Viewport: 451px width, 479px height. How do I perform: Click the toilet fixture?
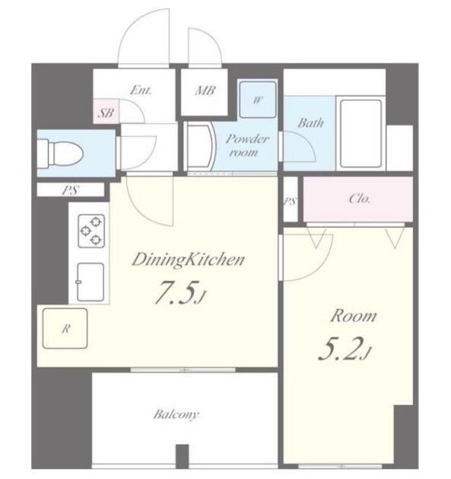(61, 154)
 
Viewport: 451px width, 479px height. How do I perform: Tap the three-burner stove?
(91, 231)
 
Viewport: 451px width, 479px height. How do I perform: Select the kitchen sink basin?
(91, 282)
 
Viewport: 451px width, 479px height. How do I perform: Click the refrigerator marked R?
(65, 328)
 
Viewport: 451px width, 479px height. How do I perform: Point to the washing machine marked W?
(258, 100)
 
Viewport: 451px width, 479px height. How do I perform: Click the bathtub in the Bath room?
(360, 134)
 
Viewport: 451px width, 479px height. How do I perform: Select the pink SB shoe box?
(106, 111)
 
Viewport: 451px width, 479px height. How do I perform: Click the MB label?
(205, 90)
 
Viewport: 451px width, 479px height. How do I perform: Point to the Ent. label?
(141, 90)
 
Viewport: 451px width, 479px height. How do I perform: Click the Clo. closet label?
(359, 199)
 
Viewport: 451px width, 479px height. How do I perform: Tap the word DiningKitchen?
(188, 261)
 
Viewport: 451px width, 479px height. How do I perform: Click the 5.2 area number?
(345, 348)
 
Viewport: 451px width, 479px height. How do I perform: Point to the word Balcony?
(176, 414)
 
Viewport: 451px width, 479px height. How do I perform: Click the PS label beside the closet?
(291, 201)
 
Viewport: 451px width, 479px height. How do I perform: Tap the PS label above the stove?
(70, 190)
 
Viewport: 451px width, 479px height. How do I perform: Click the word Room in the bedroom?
(353, 316)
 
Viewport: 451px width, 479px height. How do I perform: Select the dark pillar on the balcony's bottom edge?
(183, 455)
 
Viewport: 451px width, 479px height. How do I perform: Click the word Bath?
(310, 123)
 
